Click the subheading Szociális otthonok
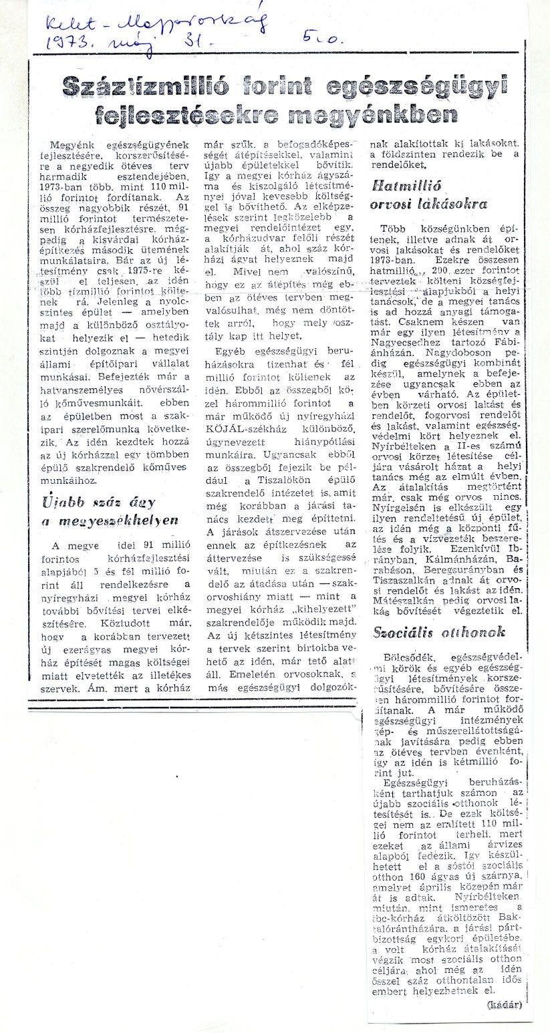[438, 631]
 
